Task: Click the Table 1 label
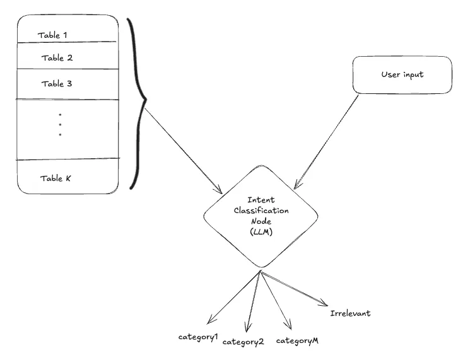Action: [53, 34]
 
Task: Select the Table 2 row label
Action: [57, 58]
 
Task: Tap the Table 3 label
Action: [57, 83]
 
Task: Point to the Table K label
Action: [56, 178]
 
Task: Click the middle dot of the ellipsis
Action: [60, 125]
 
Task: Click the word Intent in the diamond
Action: [260, 200]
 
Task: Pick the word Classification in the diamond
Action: [260, 211]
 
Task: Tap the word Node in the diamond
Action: [260, 222]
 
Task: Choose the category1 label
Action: [198, 337]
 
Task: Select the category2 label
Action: [243, 342]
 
